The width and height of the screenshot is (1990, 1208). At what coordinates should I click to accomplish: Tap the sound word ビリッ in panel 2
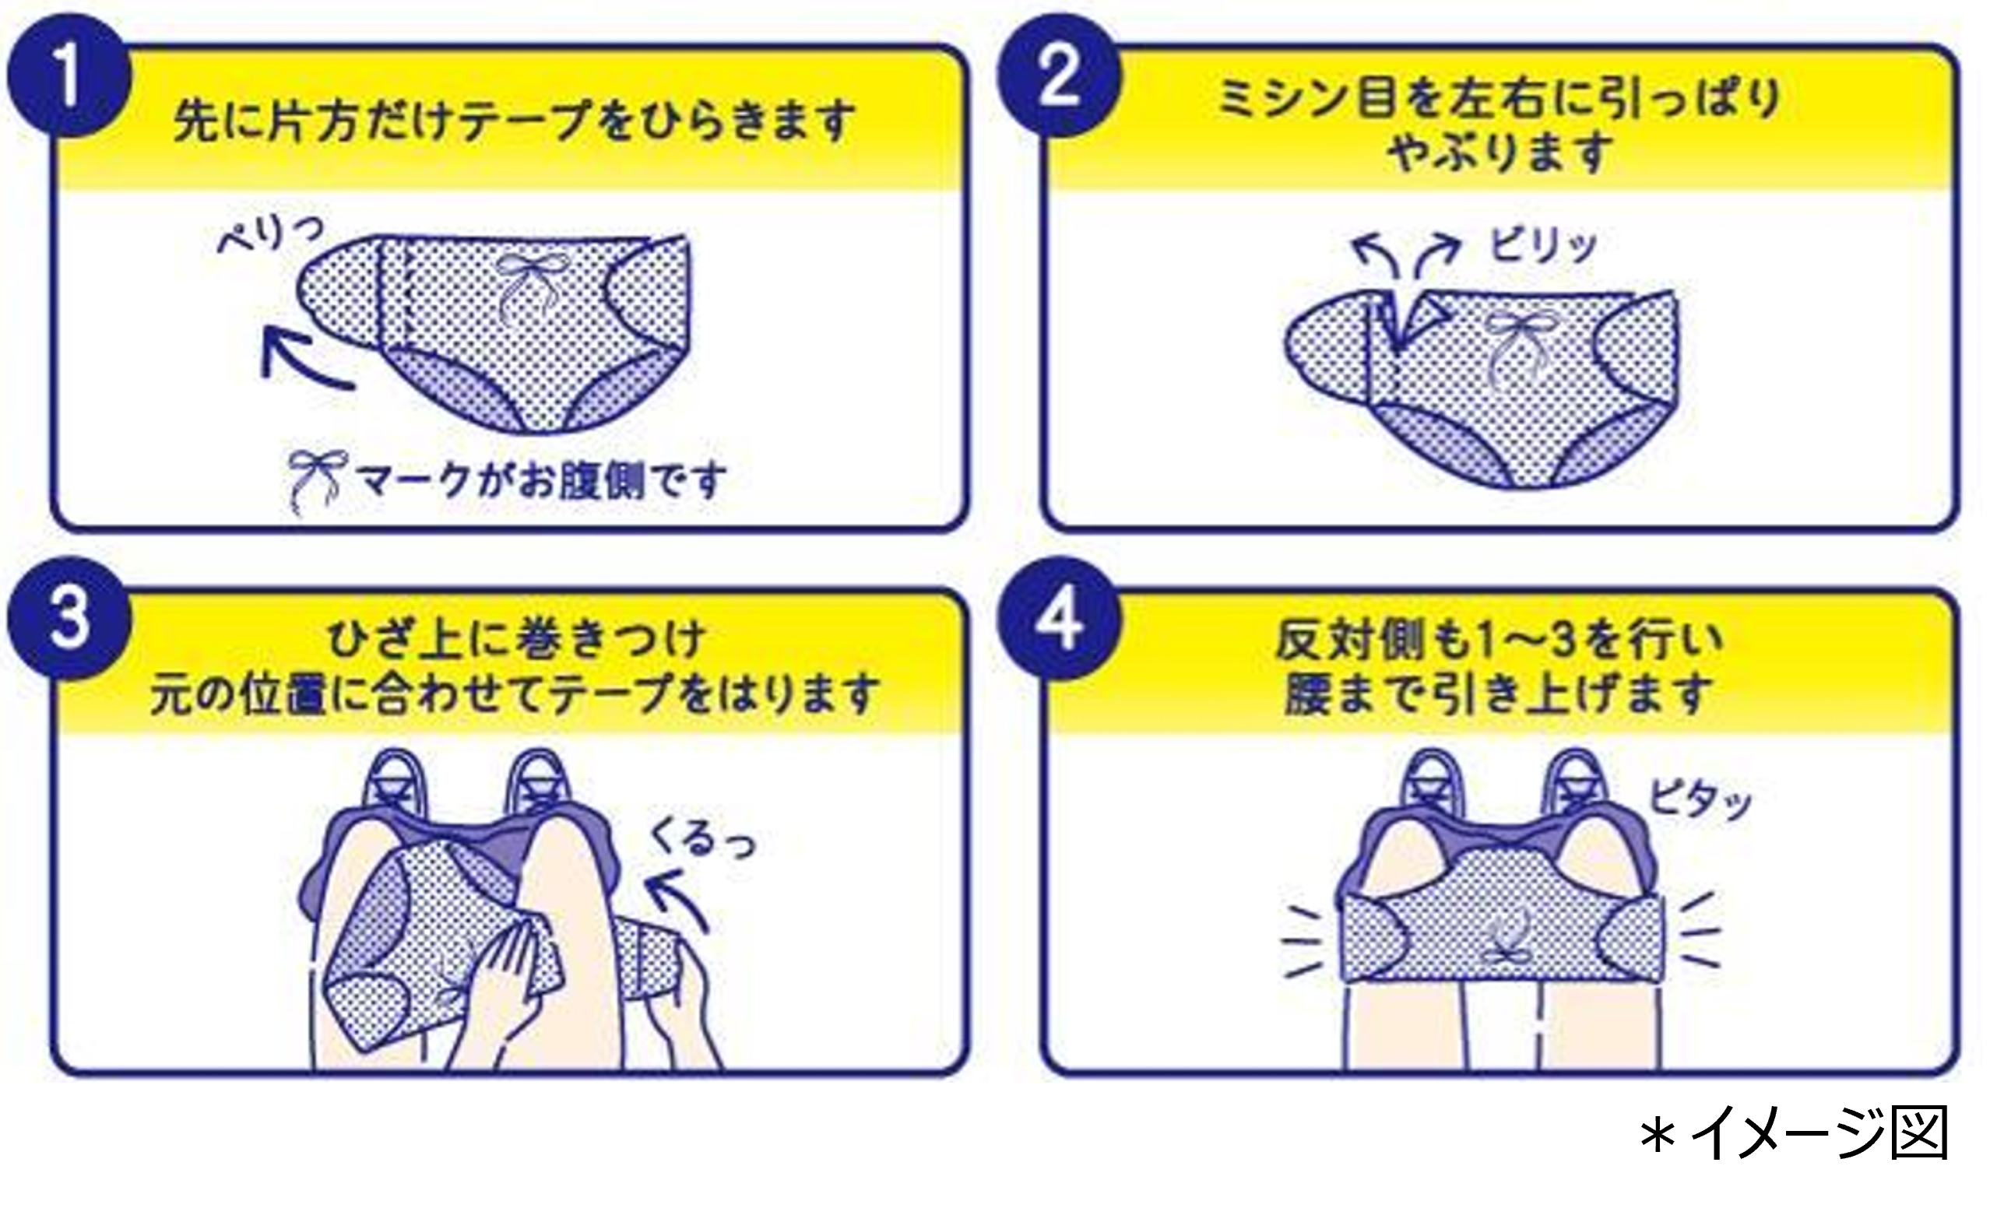click(x=1543, y=244)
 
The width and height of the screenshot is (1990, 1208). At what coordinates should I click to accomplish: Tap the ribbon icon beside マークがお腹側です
click(x=318, y=481)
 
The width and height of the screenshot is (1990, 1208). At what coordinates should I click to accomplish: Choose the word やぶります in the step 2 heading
click(x=1499, y=152)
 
